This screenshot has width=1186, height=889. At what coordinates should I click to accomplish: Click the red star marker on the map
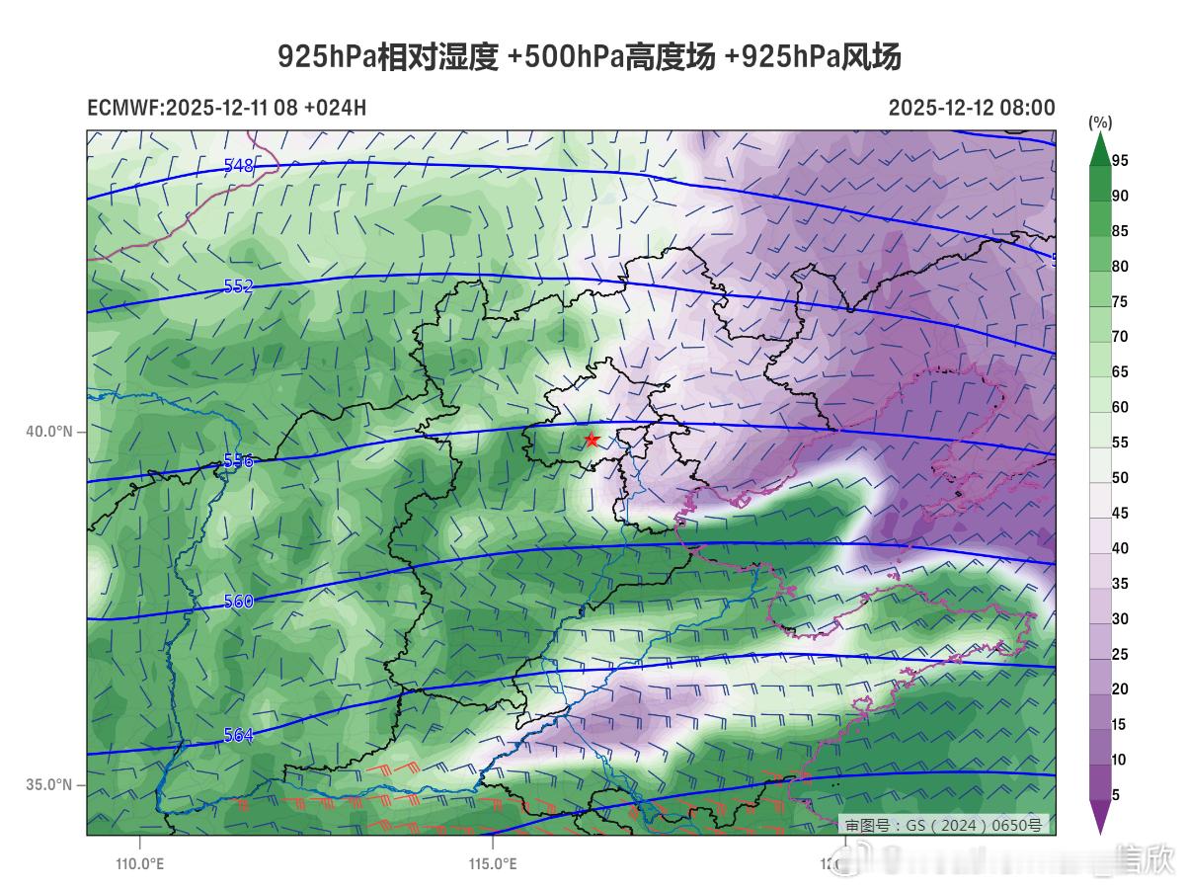point(592,440)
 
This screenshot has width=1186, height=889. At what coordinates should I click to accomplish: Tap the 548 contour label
point(239,166)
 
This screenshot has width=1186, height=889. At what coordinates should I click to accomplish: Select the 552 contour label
point(239,286)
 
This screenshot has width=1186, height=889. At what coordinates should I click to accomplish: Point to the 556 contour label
point(239,460)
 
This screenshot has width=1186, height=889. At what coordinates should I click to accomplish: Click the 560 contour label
point(239,601)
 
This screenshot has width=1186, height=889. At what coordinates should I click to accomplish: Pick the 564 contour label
point(239,735)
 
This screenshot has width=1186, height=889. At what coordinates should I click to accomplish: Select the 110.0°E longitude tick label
point(139,864)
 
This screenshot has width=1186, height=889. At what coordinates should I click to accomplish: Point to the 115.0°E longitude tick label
point(492,864)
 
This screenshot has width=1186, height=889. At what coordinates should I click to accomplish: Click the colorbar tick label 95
point(1120,160)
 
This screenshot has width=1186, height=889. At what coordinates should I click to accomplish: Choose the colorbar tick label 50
point(1120,478)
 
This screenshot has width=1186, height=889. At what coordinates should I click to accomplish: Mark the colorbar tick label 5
point(1116,795)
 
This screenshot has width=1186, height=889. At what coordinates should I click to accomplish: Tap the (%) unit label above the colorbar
point(1100,122)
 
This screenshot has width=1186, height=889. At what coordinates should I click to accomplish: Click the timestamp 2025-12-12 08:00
point(971,108)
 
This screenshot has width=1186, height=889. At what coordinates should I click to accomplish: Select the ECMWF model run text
point(226,108)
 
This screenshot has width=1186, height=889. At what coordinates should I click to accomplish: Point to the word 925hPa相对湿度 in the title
point(387,57)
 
